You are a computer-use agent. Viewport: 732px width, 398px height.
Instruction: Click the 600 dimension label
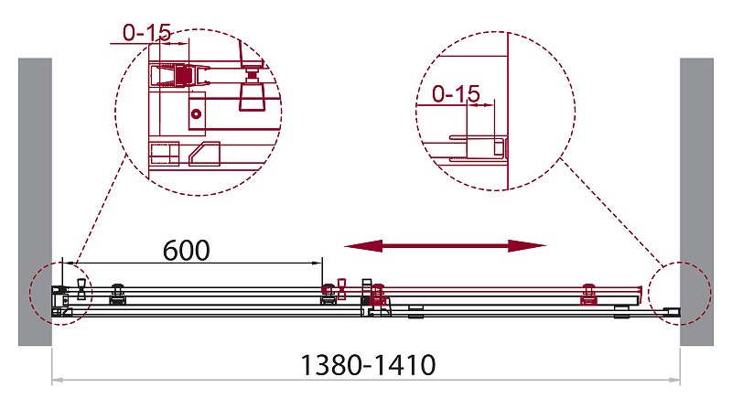click(x=187, y=251)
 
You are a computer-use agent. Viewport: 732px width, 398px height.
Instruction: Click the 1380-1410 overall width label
click(x=368, y=365)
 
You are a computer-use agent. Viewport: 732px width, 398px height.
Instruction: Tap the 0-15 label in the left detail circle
click(x=147, y=33)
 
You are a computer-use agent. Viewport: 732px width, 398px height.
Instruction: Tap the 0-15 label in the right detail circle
click(x=456, y=94)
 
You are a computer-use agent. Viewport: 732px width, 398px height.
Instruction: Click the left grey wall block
click(x=35, y=202)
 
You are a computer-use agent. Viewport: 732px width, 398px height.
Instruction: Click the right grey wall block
click(x=696, y=202)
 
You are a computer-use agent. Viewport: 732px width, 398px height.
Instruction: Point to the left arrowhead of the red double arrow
click(x=363, y=246)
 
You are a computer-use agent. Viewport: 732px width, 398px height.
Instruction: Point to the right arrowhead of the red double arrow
click(x=527, y=246)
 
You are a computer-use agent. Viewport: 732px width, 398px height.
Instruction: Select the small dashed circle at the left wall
click(x=30, y=293)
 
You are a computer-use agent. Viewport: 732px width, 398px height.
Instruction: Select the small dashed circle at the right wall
click(x=712, y=293)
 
